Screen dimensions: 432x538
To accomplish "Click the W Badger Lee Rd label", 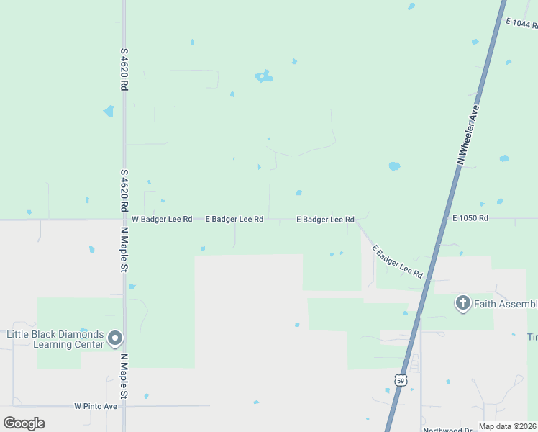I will pos(166,219).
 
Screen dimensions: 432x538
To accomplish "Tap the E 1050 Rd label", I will pos(470,217).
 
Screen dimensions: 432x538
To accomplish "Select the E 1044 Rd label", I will pos(521,24).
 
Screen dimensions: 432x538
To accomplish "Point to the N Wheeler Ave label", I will pos(468,135).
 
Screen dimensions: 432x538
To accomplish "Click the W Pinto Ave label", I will pos(96,406).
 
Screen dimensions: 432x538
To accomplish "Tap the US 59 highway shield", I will pos(401,379).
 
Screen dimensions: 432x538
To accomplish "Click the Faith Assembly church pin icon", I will pos(463,303).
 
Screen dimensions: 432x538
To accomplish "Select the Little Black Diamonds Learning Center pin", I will pos(116,338).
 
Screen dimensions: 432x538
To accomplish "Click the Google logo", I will pos(24,423).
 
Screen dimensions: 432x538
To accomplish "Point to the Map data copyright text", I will pos(508,426).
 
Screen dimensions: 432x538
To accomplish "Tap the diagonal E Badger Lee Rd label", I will pos(397,262).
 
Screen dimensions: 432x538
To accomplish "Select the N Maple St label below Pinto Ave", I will pos(124,377).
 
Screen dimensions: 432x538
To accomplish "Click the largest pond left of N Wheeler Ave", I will pos(394,166).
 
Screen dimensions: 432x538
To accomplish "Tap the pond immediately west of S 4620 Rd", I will pos(109,112).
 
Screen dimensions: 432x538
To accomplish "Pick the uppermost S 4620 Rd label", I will pos(124,69).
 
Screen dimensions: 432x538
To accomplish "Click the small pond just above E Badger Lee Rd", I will pos(298,193).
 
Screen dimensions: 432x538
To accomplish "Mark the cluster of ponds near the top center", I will pos(264,76).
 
